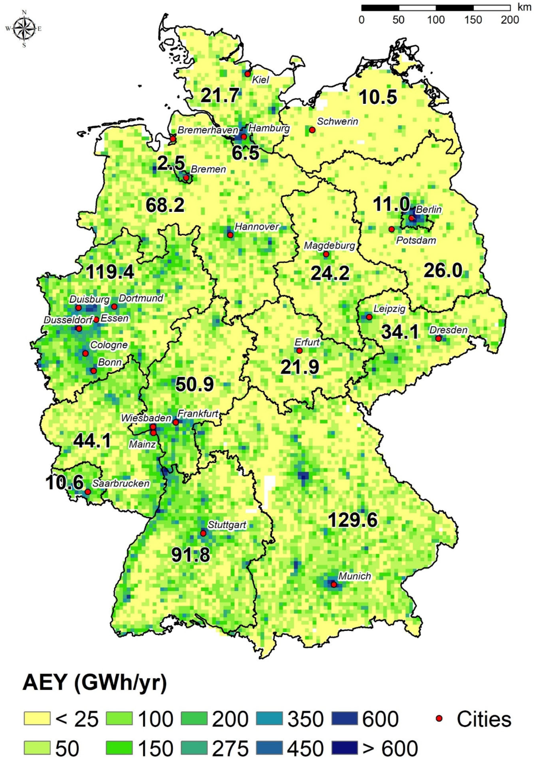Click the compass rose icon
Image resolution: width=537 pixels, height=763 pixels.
tap(24, 29)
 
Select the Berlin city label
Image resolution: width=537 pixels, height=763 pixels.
tap(429, 210)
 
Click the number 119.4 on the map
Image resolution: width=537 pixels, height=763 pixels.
tap(110, 273)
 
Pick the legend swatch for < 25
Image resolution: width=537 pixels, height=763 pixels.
tap(37, 718)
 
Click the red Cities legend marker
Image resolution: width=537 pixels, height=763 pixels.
tap(439, 718)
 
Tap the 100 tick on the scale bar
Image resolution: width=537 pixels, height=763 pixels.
tap(436, 19)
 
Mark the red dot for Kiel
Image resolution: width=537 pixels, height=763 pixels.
tap(247, 74)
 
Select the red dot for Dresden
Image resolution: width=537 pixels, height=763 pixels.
tap(438, 339)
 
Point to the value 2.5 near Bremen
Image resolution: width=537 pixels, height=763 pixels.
tap(171, 163)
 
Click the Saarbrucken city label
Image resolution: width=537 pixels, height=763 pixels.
tap(121, 483)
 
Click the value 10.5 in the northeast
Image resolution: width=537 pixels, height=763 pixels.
tap(378, 97)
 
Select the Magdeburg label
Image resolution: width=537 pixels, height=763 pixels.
tap(330, 246)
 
